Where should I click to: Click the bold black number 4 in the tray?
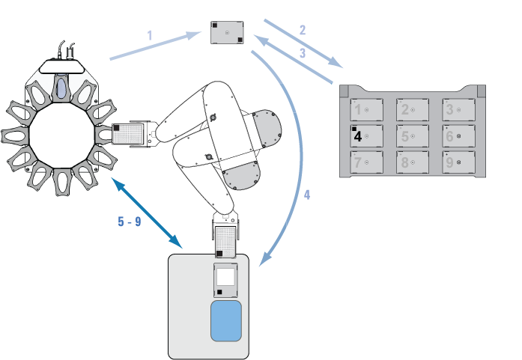coord(357,136)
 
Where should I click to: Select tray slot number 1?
coord(366,110)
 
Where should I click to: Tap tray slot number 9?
coord(458,162)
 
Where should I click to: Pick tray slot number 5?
coord(413,136)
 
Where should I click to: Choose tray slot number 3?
coord(458,110)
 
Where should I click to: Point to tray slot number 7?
coord(366,162)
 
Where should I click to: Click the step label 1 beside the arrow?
coord(150,35)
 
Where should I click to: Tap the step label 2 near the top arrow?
coord(303,30)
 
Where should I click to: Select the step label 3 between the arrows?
coord(303,53)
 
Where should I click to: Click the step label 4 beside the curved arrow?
coord(307,195)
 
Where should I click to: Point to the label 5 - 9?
coord(130,222)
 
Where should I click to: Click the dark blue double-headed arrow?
coord(147,213)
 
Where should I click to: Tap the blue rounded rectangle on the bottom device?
coord(226,321)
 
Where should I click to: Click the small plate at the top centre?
coord(227,33)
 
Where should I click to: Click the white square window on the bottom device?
coord(225,277)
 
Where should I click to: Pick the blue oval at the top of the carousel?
coord(61,88)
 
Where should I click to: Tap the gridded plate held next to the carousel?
coord(128,134)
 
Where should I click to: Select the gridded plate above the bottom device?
coord(225,242)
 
